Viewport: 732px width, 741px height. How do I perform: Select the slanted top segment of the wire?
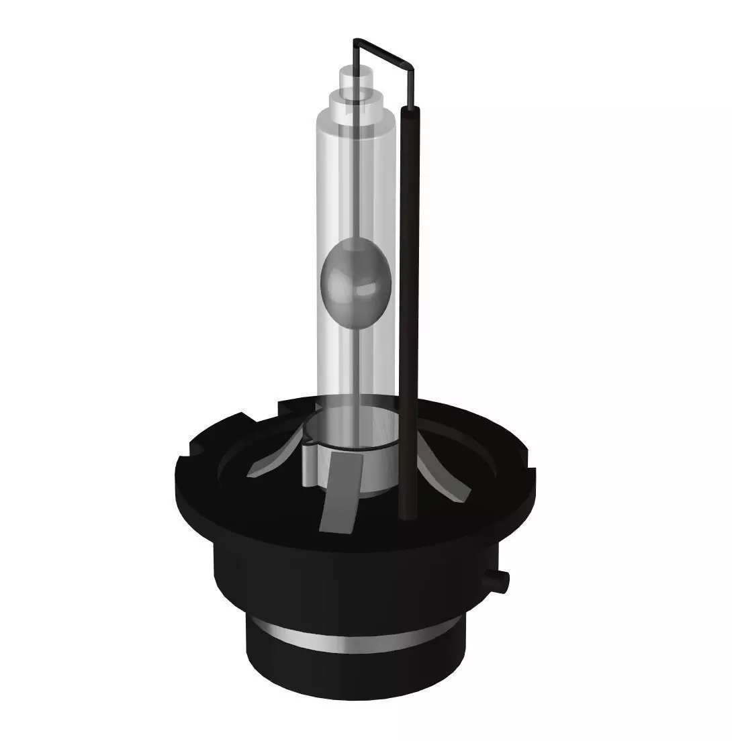[383, 52]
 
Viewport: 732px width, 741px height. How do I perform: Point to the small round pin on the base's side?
[500, 578]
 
